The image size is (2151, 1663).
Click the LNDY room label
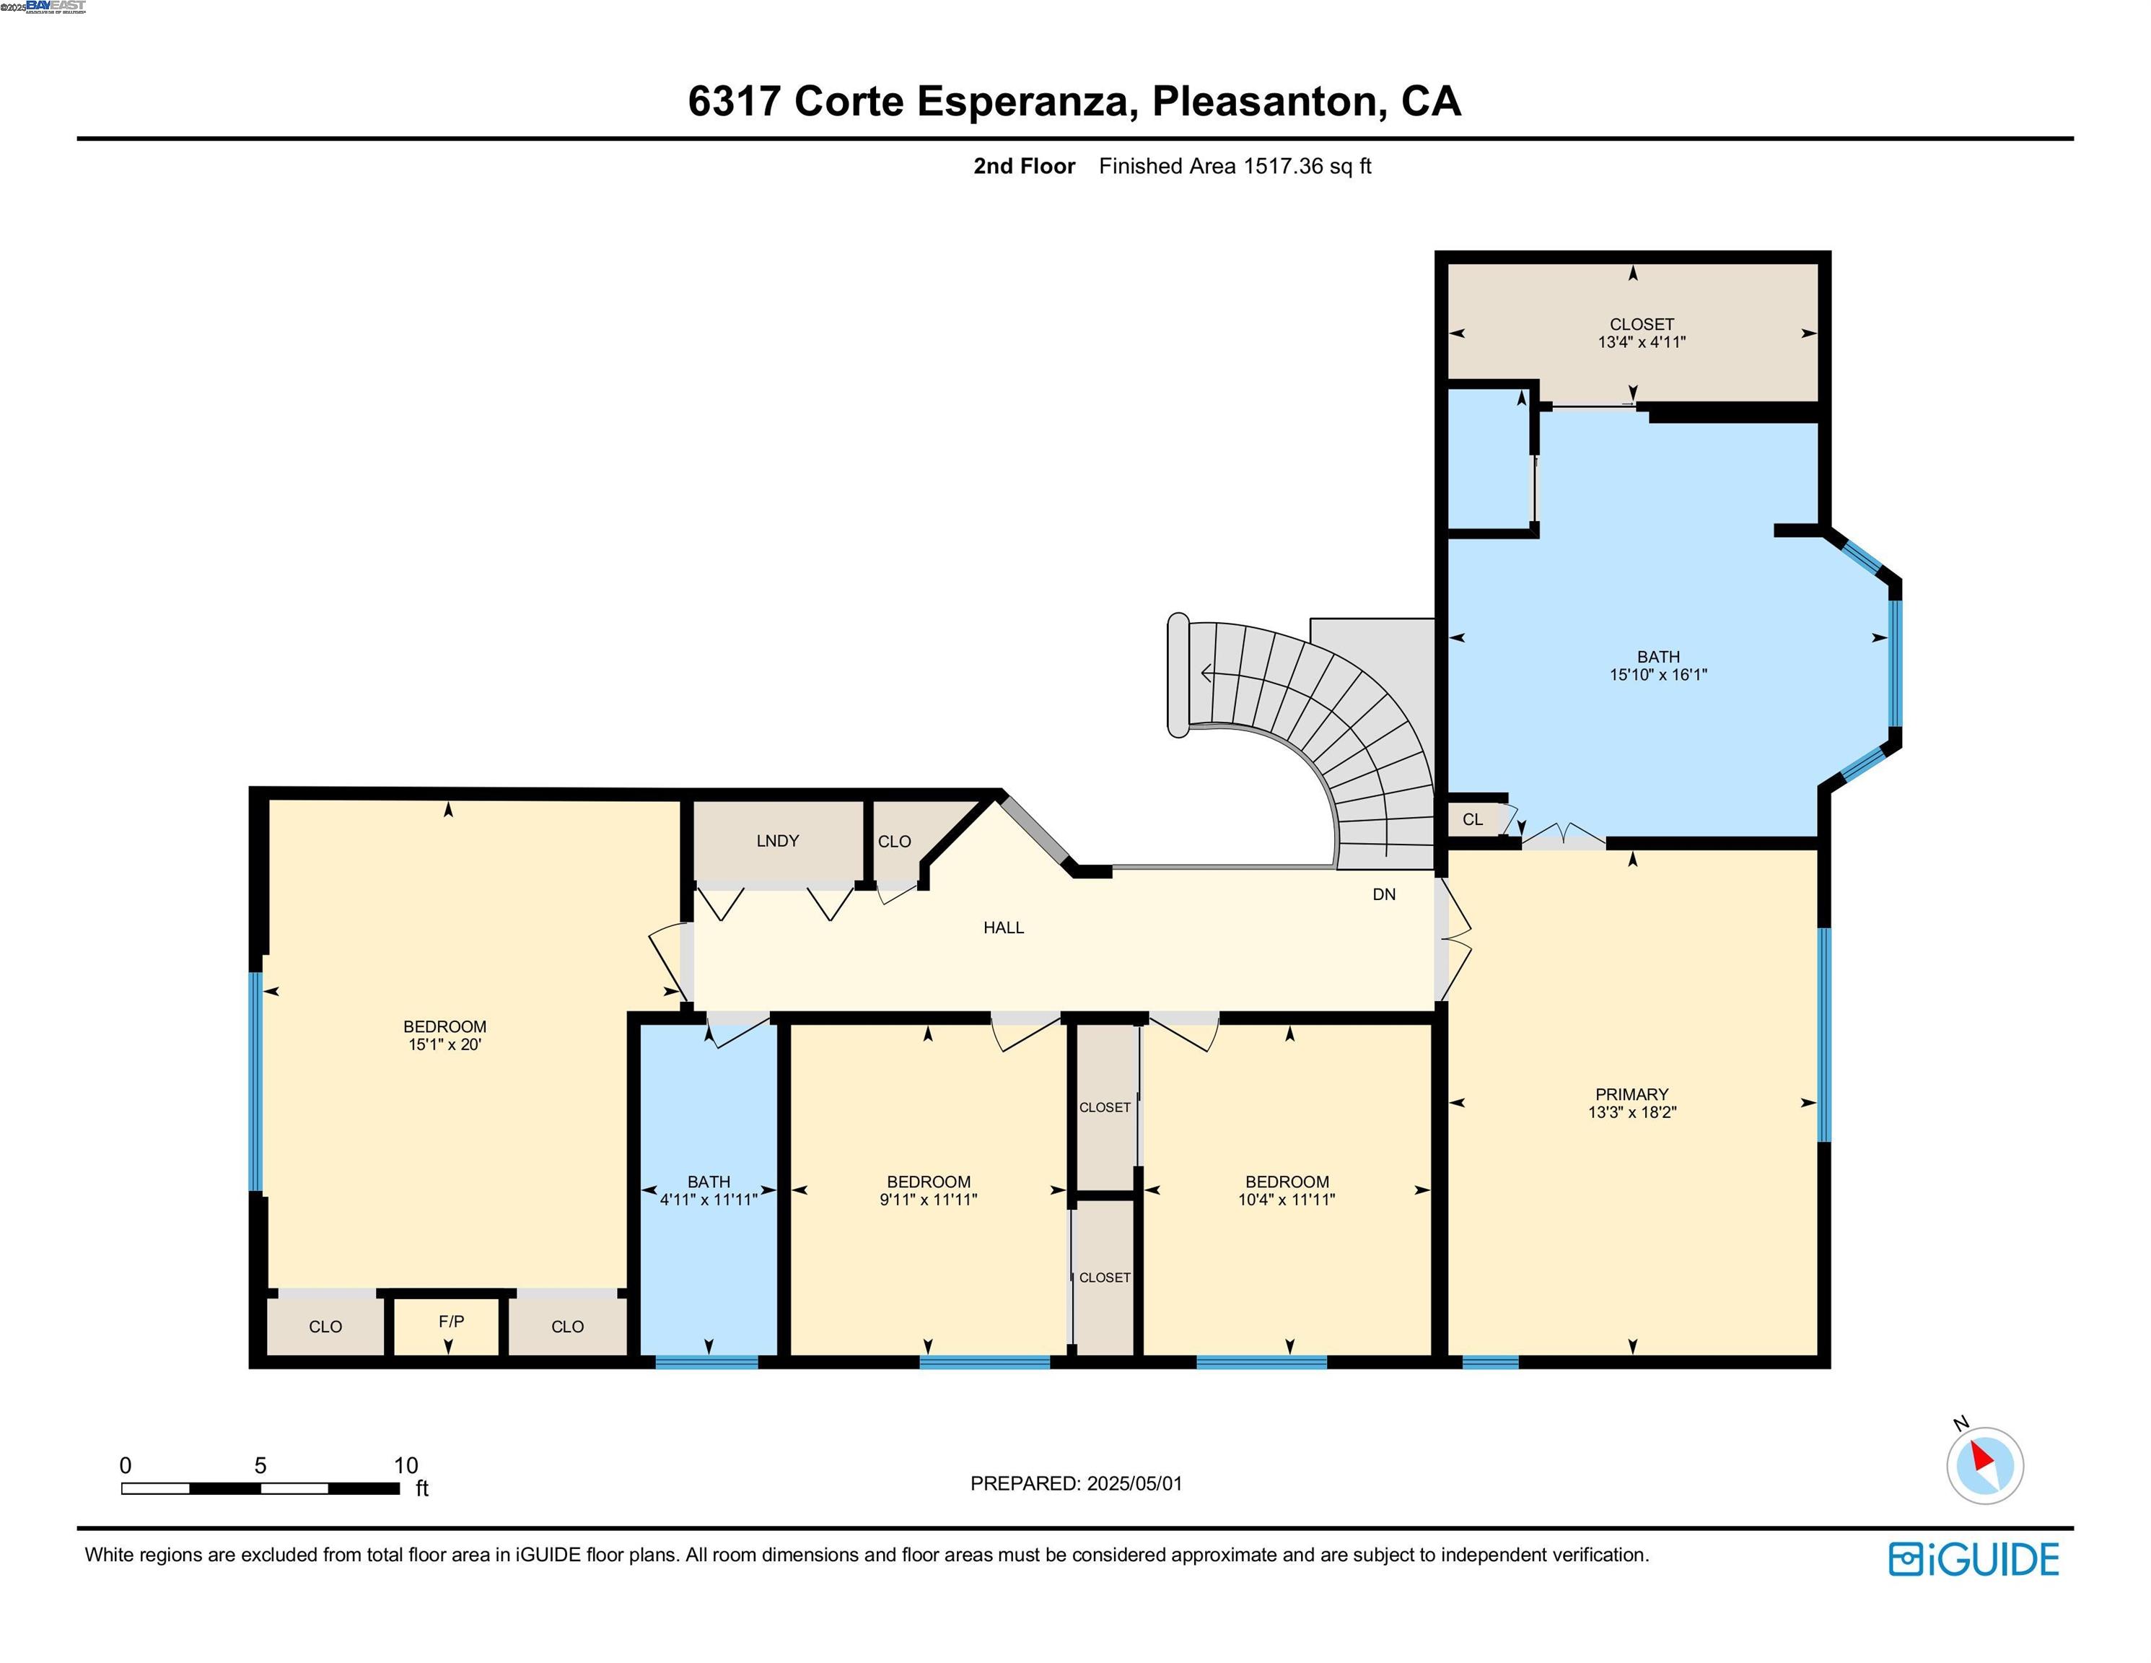coord(777,840)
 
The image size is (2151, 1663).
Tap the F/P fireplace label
coord(451,1321)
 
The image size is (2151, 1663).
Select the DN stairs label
coord(1384,894)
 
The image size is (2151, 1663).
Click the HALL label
coord(1004,927)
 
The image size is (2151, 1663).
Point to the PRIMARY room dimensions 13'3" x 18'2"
coord(1632,1112)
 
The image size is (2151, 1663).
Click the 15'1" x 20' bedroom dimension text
coord(444,1044)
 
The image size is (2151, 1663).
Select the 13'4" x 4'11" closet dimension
coord(1642,342)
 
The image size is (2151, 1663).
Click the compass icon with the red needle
coord(1984,1465)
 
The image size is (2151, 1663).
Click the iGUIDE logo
coord(1973,1560)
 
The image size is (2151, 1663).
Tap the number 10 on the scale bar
coord(406,1465)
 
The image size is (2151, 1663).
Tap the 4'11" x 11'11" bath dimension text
coord(708,1200)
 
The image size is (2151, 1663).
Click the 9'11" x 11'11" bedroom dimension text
coord(928,1200)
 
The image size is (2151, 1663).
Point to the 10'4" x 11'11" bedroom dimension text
coord(1287,1200)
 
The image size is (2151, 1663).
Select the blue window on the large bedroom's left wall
coord(256,1082)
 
